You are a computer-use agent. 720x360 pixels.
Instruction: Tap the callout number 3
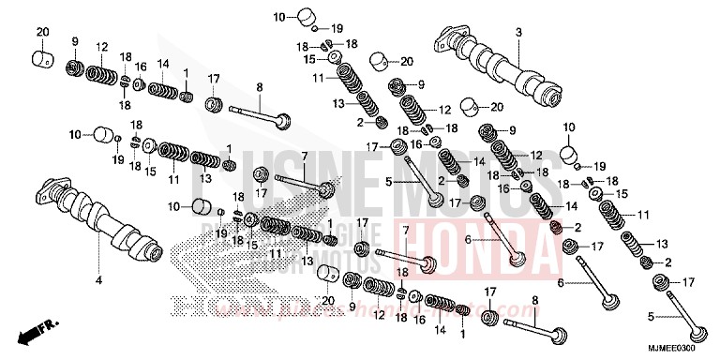517,33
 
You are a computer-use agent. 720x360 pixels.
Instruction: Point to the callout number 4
97,279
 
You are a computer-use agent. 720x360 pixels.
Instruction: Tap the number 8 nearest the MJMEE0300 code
535,300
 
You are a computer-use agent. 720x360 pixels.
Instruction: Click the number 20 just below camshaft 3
497,106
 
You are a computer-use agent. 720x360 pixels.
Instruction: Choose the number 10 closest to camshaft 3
567,126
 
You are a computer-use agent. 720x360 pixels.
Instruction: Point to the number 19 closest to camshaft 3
601,166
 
